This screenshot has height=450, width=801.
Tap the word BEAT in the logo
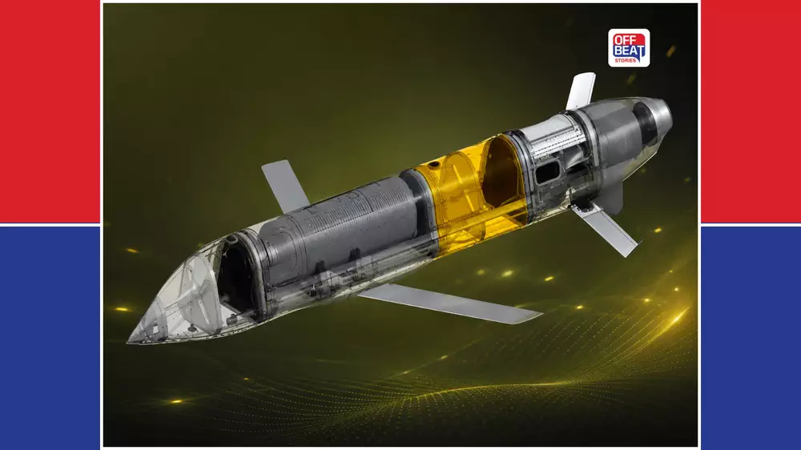(x=629, y=51)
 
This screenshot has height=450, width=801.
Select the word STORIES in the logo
(x=626, y=60)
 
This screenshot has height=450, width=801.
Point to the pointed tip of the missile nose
(x=127, y=341)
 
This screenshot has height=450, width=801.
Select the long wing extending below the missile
(x=449, y=303)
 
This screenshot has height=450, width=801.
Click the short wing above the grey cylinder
(x=284, y=185)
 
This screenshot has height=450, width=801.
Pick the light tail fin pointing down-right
(x=606, y=228)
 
